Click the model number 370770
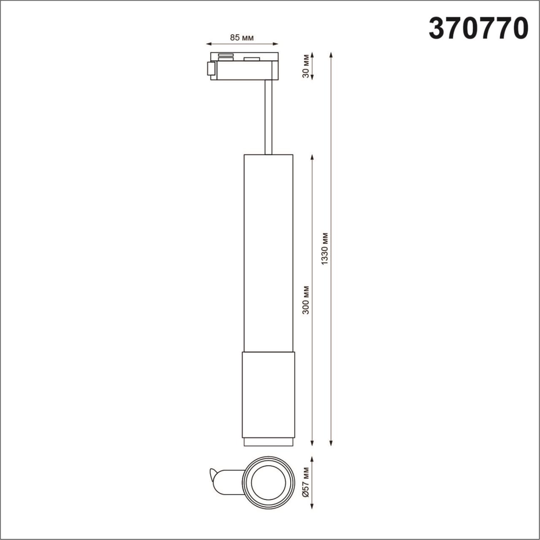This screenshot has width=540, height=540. point(478,28)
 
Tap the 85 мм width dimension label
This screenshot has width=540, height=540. point(242,38)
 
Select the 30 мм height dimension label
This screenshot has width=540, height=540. point(306,66)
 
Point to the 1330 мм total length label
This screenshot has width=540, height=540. point(324,248)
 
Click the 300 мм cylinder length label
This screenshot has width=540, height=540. point(306,300)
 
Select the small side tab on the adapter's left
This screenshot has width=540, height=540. point(210,69)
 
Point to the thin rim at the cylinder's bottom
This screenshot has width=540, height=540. point(268,443)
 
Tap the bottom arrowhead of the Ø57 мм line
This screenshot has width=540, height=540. point(312,507)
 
